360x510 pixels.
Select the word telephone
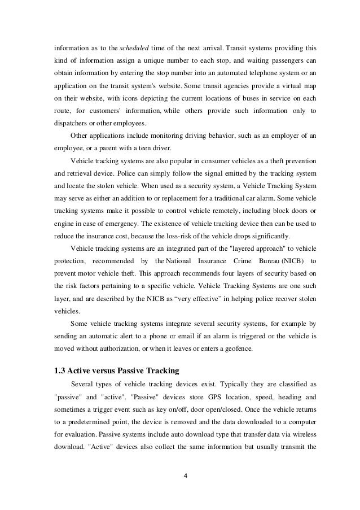211,76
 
